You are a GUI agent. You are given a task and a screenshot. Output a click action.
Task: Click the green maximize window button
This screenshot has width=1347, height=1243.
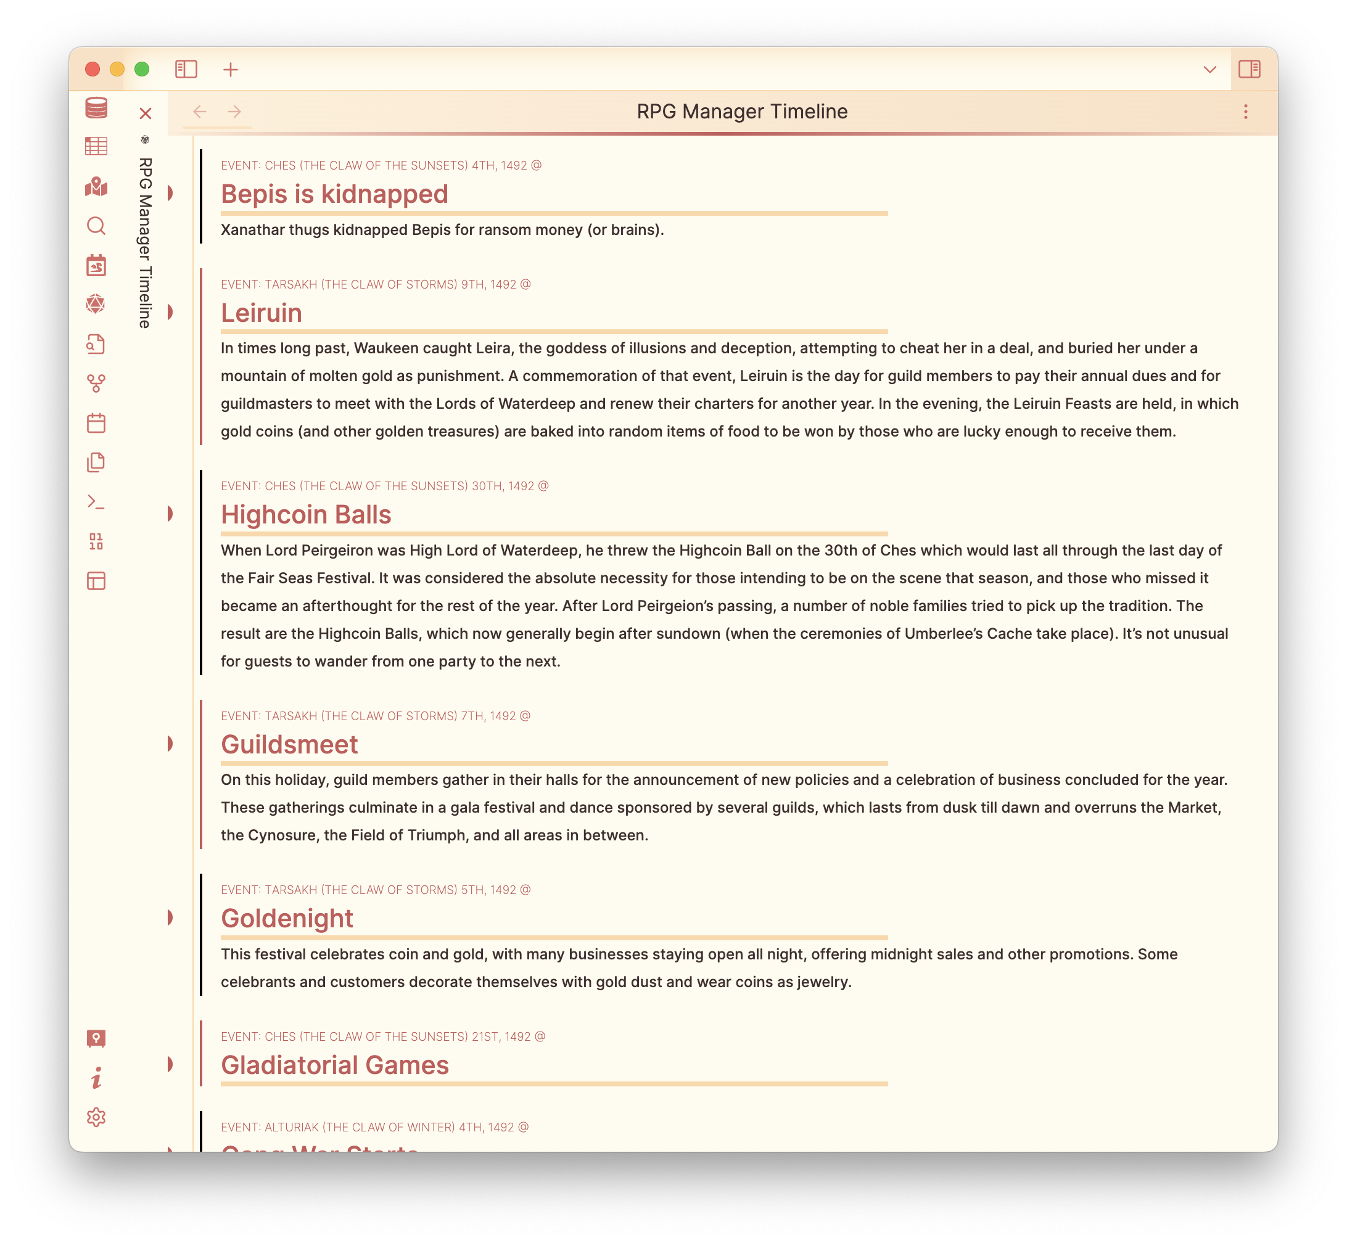[142, 69]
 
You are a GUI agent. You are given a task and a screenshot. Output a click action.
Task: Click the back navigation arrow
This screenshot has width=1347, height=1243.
[199, 112]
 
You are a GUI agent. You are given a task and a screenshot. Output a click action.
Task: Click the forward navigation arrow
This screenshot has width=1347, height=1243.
[234, 112]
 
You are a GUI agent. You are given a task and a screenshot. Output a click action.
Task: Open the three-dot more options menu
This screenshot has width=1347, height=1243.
[1245, 112]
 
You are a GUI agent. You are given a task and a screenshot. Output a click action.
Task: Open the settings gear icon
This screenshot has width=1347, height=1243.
[96, 1117]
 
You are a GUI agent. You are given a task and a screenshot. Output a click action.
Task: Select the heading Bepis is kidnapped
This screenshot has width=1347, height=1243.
[334, 194]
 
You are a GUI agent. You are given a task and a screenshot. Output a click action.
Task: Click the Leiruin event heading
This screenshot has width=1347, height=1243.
[261, 313]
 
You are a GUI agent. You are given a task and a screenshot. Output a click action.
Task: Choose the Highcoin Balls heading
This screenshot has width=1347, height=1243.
[306, 515]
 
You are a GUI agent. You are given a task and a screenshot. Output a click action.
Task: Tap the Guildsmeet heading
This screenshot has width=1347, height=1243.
[289, 745]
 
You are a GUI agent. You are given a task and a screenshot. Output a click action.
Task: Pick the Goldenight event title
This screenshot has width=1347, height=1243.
[287, 919]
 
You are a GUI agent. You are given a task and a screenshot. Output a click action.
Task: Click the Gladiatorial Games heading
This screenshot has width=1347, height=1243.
[334, 1065]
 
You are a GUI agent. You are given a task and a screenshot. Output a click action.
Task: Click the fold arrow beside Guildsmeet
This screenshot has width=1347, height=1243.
[170, 744]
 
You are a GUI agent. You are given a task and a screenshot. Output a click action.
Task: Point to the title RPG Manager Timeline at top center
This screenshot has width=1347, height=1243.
[741, 112]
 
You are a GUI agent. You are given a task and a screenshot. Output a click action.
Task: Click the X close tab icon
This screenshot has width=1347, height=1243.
[146, 113]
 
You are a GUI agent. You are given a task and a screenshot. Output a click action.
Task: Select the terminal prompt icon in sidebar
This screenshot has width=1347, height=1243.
[96, 503]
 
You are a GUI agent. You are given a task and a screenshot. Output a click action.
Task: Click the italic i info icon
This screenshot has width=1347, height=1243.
[96, 1078]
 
